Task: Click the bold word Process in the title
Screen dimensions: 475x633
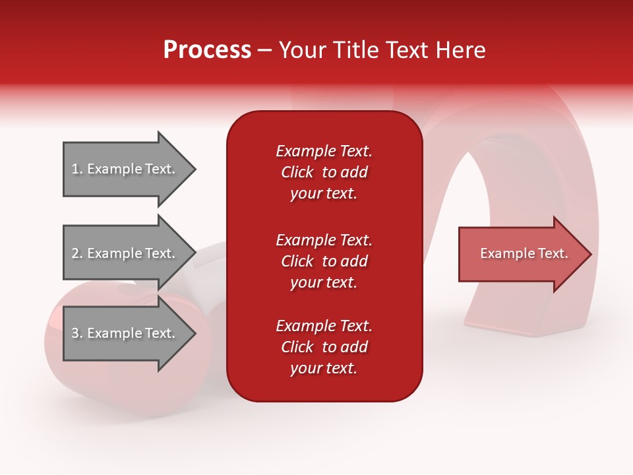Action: [207, 50]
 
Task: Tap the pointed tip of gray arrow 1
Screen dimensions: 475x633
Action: [194, 169]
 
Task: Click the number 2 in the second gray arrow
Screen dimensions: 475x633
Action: [76, 253]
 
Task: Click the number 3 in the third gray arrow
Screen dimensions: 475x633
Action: [76, 333]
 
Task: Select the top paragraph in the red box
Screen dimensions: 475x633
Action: [324, 172]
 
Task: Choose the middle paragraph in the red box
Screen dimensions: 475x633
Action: [324, 261]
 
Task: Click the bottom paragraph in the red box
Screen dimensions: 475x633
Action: [324, 347]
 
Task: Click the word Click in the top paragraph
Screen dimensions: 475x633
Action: [297, 172]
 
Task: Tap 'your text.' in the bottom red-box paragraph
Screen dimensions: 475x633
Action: [324, 368]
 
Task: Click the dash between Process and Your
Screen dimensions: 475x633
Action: [265, 51]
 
